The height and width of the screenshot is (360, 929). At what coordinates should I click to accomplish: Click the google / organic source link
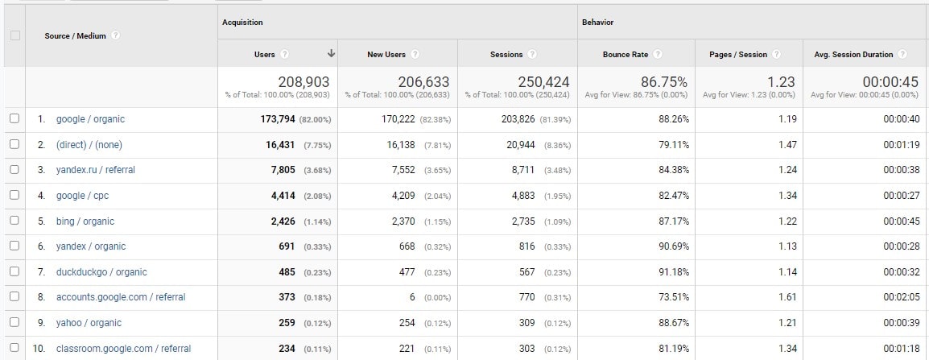[x=90, y=119]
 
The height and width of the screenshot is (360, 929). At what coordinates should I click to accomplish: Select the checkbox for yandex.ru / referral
[x=13, y=170]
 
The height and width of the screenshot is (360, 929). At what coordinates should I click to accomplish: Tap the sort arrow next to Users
[x=331, y=54]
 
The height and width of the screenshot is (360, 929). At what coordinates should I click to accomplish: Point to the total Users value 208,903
[x=304, y=82]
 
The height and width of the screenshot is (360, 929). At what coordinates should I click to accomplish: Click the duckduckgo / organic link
[x=101, y=272]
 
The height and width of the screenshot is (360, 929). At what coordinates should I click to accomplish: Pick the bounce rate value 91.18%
[x=670, y=272]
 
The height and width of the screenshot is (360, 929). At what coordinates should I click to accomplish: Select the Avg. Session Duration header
[x=854, y=55]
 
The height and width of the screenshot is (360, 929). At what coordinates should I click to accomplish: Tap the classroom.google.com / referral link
[x=123, y=349]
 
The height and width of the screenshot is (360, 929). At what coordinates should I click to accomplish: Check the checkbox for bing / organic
[x=13, y=221]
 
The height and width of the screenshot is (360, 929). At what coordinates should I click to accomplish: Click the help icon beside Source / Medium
[x=117, y=35]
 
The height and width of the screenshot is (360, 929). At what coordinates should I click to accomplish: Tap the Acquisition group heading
[x=242, y=23]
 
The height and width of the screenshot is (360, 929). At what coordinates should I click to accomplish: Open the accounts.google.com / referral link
[x=121, y=297]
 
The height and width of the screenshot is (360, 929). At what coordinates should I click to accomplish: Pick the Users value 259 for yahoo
[x=287, y=323]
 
